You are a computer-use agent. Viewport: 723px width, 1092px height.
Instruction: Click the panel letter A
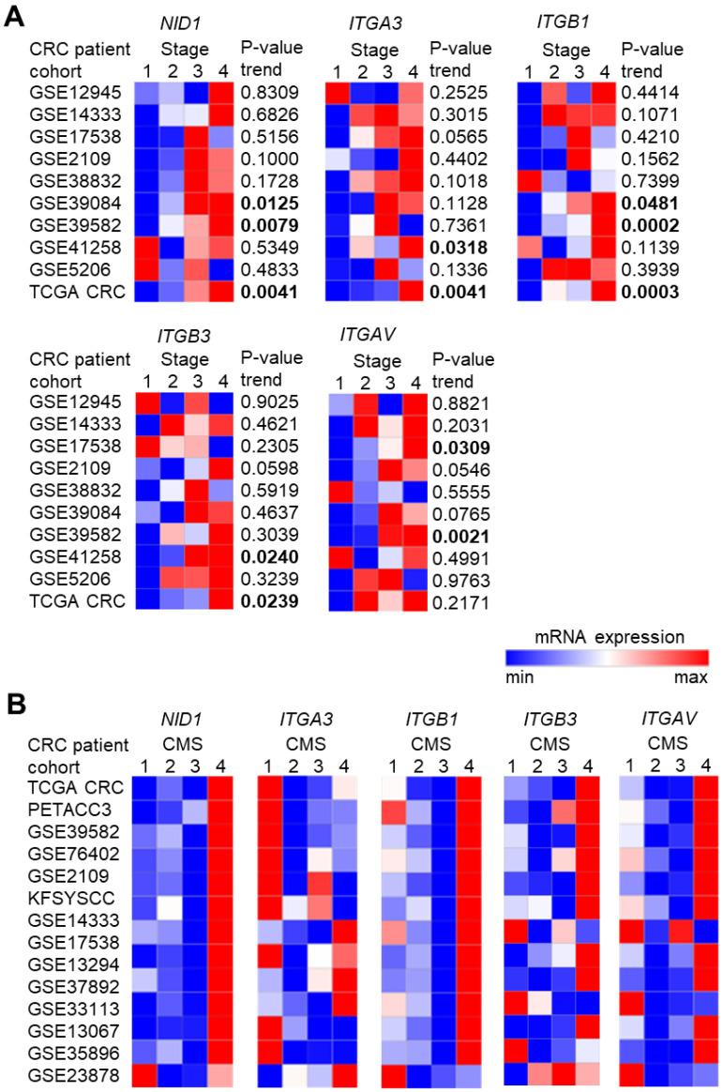pos(16,16)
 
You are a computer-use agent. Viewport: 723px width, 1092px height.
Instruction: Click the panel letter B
pos(16,703)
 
